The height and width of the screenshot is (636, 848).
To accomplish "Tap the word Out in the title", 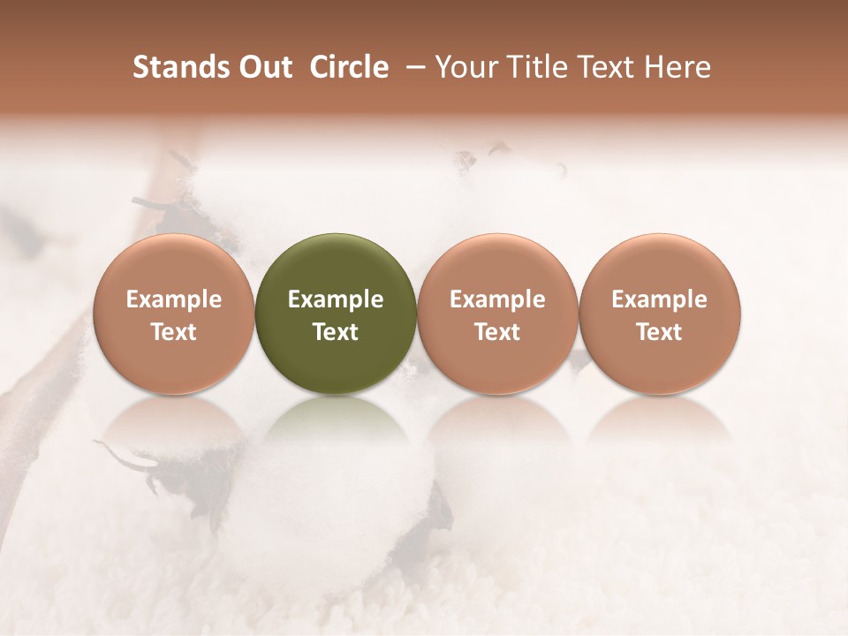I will click(x=262, y=67).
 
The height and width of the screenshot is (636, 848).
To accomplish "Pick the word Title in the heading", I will click(x=534, y=67).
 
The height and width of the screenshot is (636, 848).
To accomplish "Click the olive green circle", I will click(x=336, y=314).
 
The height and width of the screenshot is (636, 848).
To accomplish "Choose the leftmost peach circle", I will click(x=174, y=314).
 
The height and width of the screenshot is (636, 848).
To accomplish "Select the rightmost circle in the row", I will click(x=659, y=314).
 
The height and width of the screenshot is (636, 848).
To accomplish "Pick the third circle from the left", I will click(x=497, y=314).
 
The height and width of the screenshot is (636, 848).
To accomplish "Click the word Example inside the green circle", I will click(x=336, y=300).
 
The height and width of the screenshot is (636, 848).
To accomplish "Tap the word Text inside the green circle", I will click(x=336, y=332).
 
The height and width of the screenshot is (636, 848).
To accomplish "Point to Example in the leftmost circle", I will click(x=174, y=300).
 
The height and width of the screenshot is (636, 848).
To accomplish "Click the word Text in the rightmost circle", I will click(x=659, y=332).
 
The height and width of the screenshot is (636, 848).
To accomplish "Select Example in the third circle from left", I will click(x=497, y=300).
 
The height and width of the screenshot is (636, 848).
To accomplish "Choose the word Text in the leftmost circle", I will click(x=174, y=332).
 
